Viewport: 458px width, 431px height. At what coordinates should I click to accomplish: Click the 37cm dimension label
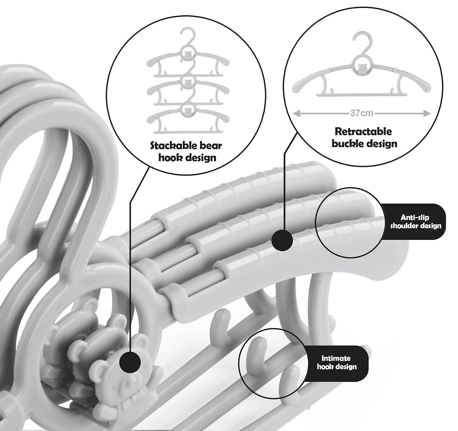pyautogui.click(x=362, y=113)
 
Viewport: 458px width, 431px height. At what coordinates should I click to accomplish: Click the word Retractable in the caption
pyautogui.click(x=363, y=132)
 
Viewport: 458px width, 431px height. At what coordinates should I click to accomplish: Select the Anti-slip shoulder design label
pyautogui.click(x=415, y=222)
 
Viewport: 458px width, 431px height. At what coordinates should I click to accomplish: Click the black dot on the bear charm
pyautogui.click(x=130, y=363)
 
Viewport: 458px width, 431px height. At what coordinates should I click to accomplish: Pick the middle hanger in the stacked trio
pyautogui.click(x=188, y=91)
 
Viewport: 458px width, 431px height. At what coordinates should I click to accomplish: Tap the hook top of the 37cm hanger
pyautogui.click(x=362, y=34)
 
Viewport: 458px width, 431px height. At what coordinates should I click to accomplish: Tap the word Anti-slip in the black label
pyautogui.click(x=415, y=217)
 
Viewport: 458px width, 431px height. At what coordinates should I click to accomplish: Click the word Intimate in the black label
pyautogui.click(x=336, y=358)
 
